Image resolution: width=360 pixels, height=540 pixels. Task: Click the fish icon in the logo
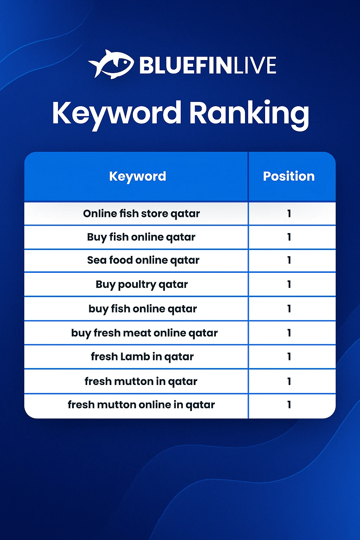111,64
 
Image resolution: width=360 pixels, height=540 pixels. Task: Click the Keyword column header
137,176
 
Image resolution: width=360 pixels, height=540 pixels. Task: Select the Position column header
289,176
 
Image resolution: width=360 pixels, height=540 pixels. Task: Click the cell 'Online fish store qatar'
142,214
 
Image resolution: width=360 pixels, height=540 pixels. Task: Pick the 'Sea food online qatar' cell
143,261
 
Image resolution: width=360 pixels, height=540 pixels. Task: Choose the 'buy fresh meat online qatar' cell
144,333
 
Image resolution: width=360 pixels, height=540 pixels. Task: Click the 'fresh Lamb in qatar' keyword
142,357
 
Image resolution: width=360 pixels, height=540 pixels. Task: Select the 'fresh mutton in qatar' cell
141,381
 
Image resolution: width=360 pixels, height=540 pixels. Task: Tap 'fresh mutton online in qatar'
141,405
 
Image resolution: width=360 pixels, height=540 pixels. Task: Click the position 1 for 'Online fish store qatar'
289,214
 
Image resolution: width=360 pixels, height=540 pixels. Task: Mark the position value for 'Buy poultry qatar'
289,284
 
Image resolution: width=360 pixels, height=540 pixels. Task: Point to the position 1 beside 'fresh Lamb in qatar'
289,356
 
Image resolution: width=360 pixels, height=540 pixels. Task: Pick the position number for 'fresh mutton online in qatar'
289,405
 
